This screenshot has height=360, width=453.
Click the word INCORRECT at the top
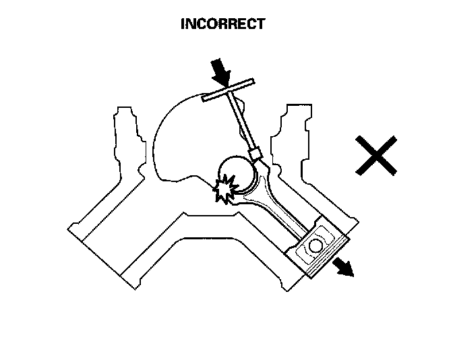pos(223,24)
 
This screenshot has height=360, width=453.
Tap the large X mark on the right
pos(376,156)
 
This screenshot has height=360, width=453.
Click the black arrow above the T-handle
pos(220,70)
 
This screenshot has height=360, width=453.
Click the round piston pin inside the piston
pos(315,245)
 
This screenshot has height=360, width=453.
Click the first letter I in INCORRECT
pos(183,24)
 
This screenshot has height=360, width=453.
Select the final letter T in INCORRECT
pos(261,24)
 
